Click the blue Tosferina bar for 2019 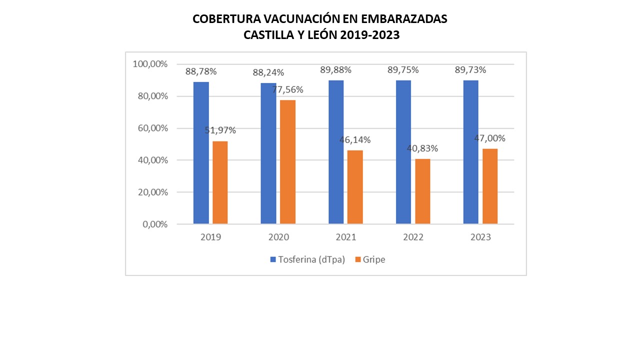click(201, 152)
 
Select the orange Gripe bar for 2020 click(287, 162)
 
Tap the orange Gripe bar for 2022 click(422, 191)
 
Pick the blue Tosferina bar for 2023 click(470, 152)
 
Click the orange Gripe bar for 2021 click(355, 187)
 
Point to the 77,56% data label click(287, 90)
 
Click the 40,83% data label click(422, 148)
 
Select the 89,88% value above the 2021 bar click(335, 70)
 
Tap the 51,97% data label click(220, 130)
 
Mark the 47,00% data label click(490, 138)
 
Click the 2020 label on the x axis click(278, 237)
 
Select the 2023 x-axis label click(480, 237)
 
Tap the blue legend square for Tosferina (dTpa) click(273, 259)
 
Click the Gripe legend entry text click(374, 259)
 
